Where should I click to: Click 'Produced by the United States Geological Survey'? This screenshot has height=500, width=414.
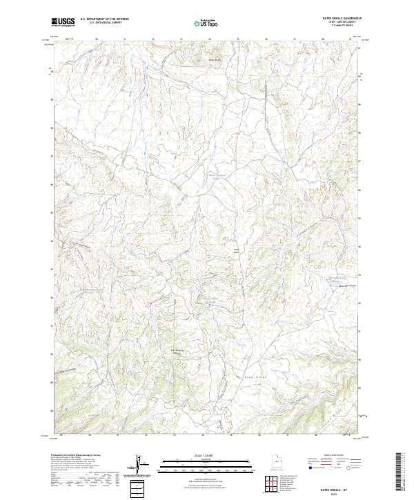tap(73, 456)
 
